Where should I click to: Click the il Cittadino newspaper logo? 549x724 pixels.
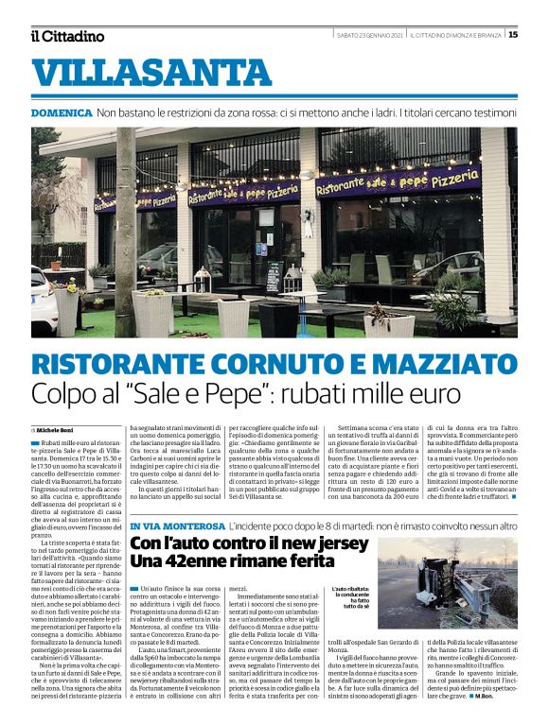point(67,35)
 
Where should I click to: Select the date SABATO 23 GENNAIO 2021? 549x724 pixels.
point(370,35)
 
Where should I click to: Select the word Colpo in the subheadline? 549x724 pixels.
point(67,395)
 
